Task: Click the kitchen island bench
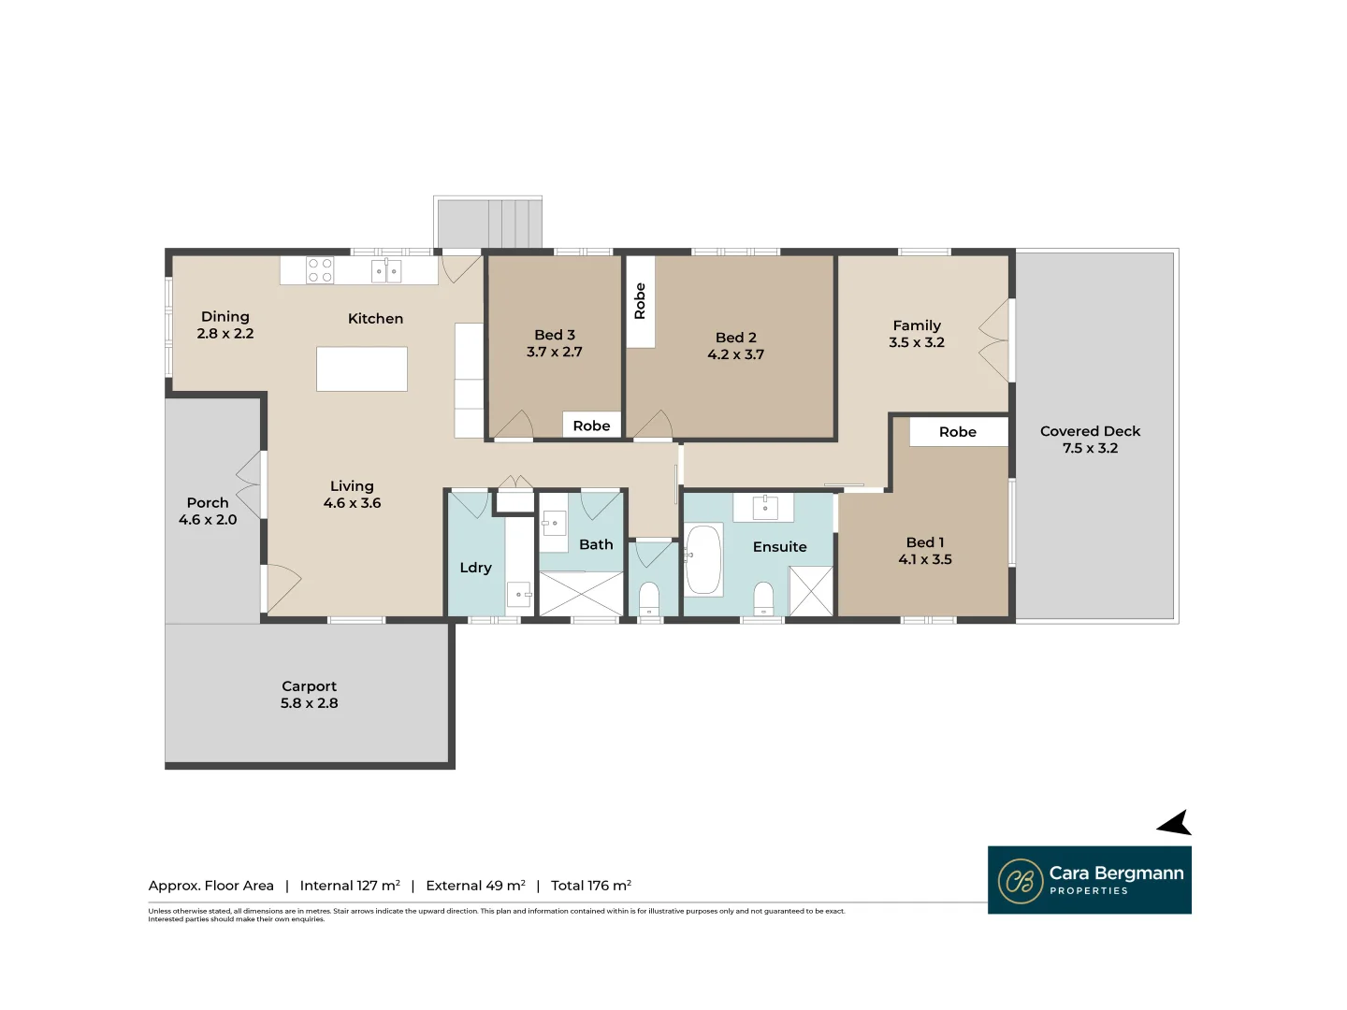(x=362, y=368)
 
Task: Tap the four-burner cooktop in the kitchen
(x=320, y=270)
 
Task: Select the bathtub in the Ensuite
(x=703, y=560)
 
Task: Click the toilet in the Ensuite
(x=763, y=599)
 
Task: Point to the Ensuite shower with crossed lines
(x=810, y=591)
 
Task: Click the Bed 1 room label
(x=924, y=542)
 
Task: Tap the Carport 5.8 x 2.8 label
(x=309, y=695)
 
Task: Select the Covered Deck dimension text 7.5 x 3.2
(x=1090, y=448)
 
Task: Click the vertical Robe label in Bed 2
(x=640, y=301)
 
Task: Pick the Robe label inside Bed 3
(x=591, y=426)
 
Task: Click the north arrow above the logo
(x=1175, y=824)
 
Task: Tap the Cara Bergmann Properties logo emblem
(x=1020, y=881)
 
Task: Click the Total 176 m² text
(x=590, y=886)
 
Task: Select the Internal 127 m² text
(x=350, y=886)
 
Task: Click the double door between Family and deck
(x=996, y=341)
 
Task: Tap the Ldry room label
(x=475, y=568)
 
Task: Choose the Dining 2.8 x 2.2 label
(x=225, y=325)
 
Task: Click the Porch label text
(x=208, y=503)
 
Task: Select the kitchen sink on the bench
(x=385, y=271)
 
